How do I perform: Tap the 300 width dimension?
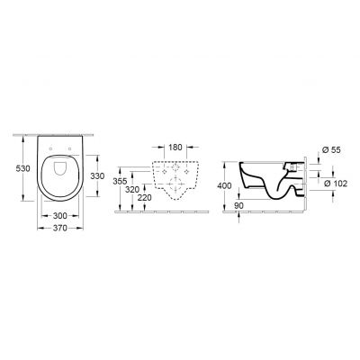point(57,217)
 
